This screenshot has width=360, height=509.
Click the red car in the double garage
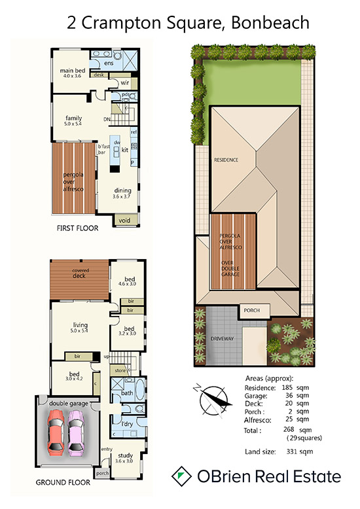coord(56,432)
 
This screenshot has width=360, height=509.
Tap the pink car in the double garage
coord(76,432)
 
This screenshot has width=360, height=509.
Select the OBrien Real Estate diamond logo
coord(181,476)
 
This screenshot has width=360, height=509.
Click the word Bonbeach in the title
coord(270,23)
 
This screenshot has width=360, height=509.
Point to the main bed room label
coord(73,71)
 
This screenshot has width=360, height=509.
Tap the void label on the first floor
coord(124,220)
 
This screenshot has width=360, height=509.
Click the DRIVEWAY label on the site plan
coord(223,339)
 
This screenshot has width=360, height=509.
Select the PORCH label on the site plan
coord(252,310)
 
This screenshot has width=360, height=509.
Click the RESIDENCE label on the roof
coord(226,160)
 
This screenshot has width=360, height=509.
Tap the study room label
coord(125,455)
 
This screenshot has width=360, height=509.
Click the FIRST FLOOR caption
coord(77,228)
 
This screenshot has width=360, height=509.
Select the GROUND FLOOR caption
coord(63,482)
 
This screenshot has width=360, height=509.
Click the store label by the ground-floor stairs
coord(120,370)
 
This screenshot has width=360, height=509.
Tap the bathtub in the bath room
coord(139,389)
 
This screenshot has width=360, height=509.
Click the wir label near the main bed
coord(125,83)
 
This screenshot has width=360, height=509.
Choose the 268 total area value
coord(289,429)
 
